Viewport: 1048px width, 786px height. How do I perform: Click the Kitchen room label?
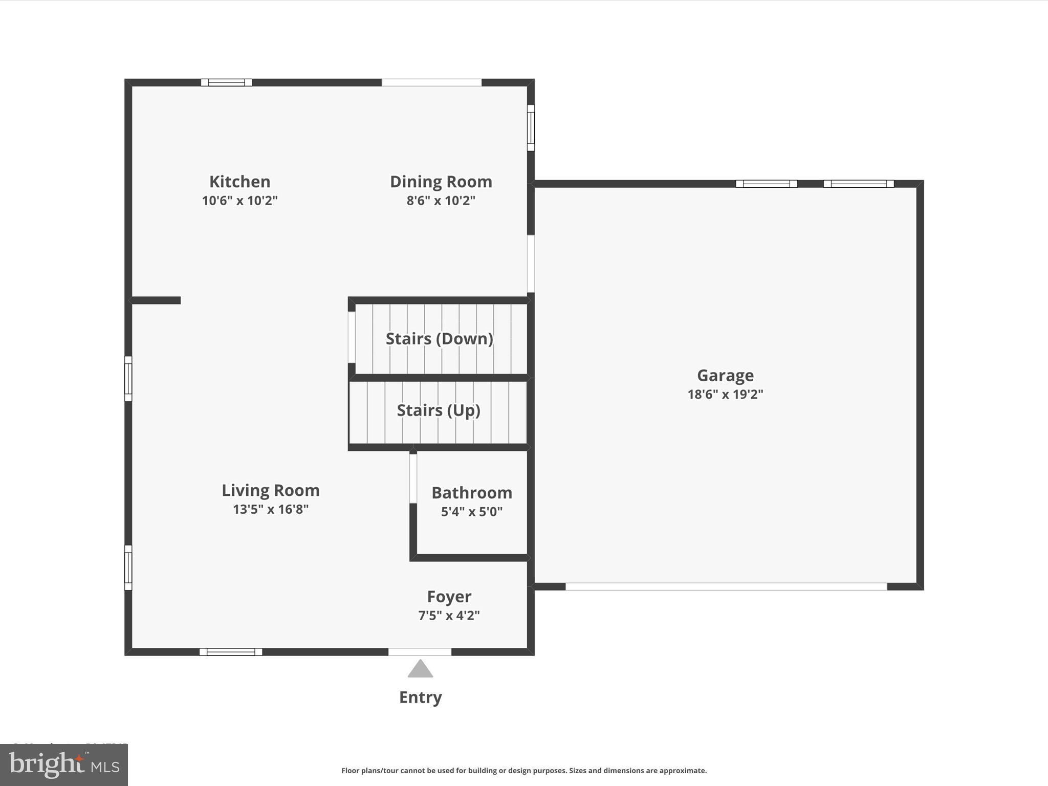tap(239, 182)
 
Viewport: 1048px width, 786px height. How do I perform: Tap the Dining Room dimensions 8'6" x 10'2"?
tap(441, 201)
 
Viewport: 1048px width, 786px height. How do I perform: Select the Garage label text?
tap(725, 376)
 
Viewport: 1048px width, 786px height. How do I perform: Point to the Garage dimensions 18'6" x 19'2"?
tap(725, 395)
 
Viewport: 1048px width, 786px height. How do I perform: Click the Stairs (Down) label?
tap(439, 339)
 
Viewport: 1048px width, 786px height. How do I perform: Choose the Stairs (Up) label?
tap(439, 410)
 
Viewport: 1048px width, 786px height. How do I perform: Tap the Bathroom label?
tap(471, 493)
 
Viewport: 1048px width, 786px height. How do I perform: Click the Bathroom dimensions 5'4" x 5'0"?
tap(471, 512)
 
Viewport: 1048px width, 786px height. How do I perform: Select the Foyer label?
tap(449, 597)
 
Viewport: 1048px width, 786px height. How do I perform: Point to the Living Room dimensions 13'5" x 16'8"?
tap(271, 510)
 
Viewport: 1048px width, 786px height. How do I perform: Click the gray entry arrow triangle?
tap(420, 670)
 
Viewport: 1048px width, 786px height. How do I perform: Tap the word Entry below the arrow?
tap(420, 697)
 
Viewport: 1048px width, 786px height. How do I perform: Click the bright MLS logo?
tap(64, 765)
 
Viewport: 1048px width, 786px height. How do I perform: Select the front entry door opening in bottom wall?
tap(420, 652)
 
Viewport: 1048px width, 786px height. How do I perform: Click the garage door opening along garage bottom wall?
tap(726, 586)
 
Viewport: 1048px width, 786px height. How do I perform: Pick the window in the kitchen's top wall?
tap(226, 82)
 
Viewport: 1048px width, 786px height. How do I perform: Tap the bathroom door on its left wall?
tap(413, 478)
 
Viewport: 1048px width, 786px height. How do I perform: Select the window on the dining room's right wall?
tap(531, 128)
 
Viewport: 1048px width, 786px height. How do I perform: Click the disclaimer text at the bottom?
tap(524, 771)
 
